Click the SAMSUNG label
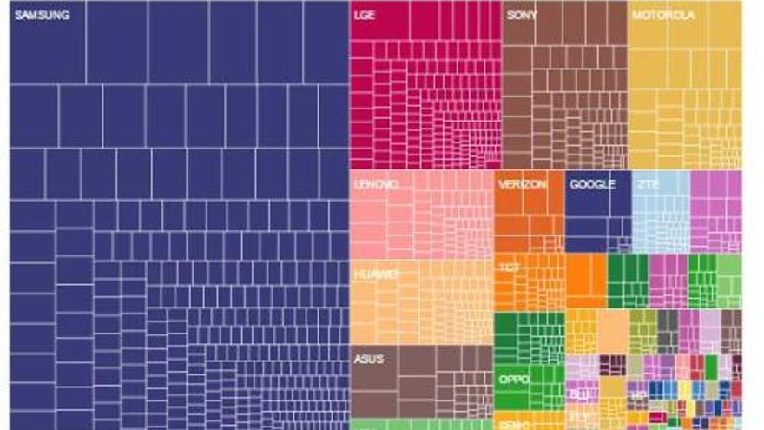point(43,15)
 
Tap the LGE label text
point(366,15)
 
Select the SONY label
point(522,15)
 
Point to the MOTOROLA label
point(663,15)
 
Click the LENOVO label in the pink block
point(376,185)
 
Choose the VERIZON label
point(522,185)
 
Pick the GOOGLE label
point(592,185)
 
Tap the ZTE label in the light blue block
point(649,185)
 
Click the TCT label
point(509,268)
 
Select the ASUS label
point(369,359)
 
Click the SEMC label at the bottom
point(509,425)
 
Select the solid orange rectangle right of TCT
point(586,281)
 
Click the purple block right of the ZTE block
point(715,211)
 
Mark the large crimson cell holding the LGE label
point(382,19)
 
